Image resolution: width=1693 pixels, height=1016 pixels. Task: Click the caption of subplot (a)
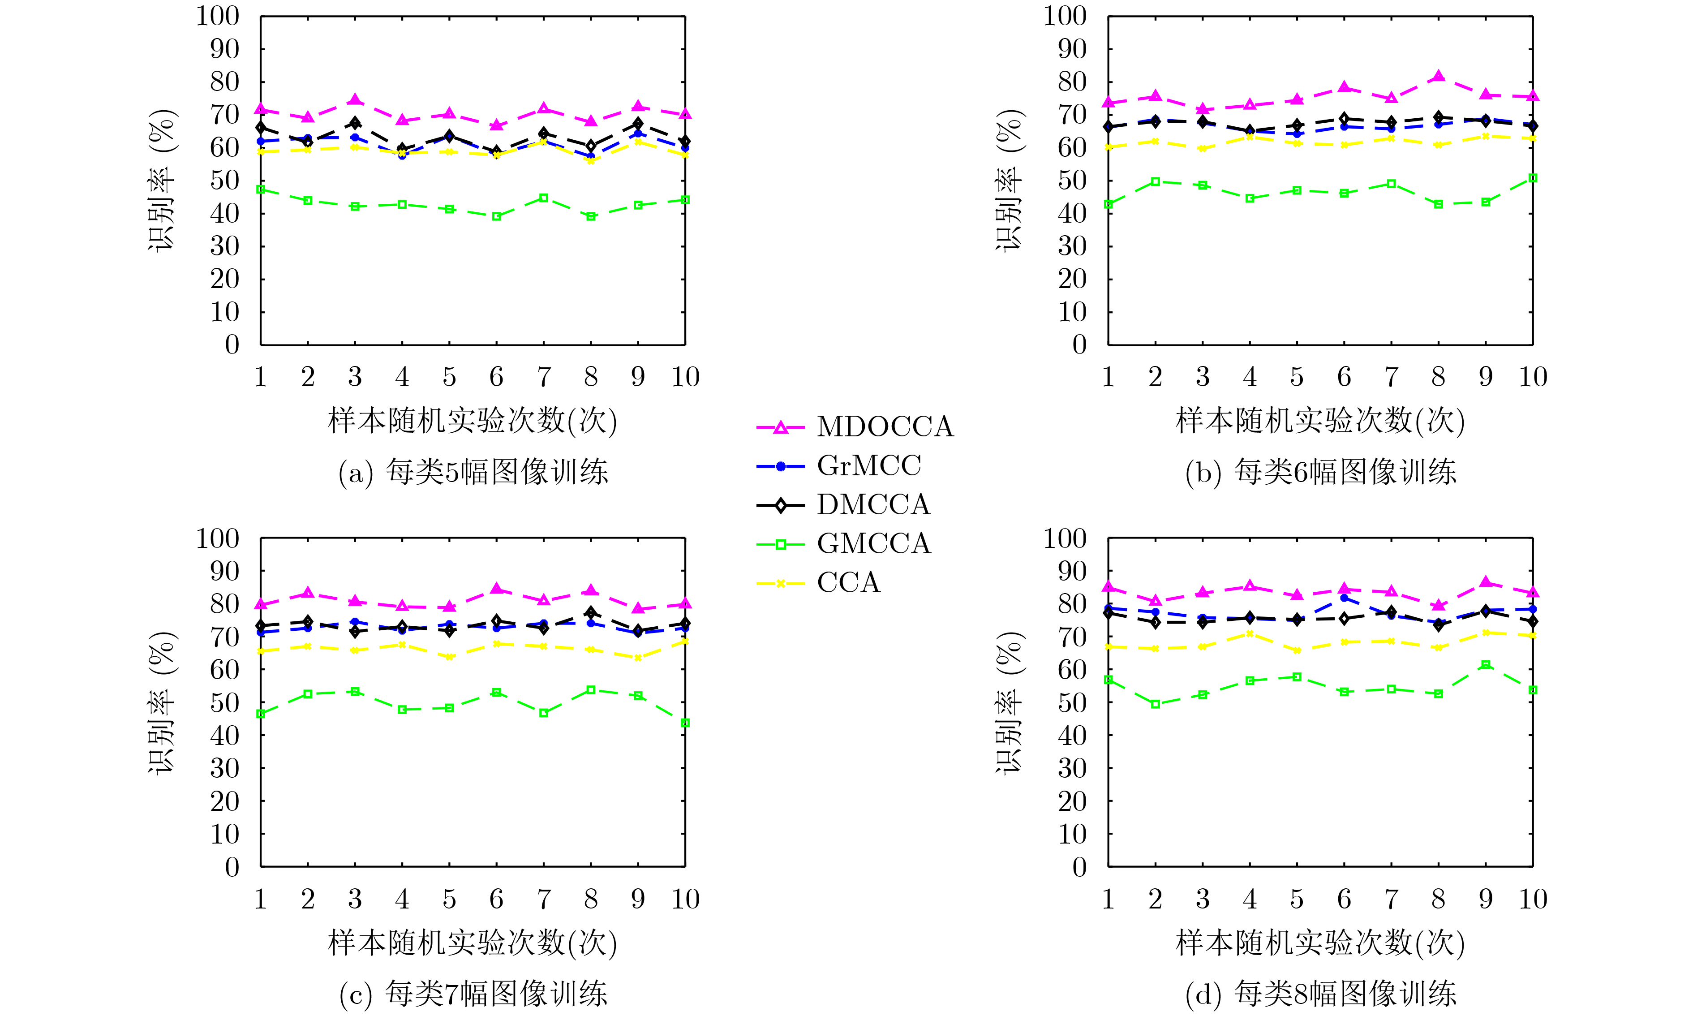point(473,473)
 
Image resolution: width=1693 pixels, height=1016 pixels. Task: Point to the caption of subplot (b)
point(1321,473)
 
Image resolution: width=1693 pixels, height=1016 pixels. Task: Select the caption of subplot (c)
point(473,994)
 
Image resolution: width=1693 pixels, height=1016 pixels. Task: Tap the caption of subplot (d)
point(1321,994)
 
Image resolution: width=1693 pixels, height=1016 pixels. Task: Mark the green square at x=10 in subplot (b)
point(1533,178)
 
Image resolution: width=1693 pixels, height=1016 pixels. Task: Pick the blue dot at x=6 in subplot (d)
point(1344,598)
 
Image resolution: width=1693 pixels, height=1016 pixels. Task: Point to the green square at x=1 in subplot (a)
point(261,189)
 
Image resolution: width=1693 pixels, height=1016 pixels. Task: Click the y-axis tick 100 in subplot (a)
point(218,17)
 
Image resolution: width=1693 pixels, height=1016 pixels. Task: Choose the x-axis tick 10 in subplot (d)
point(1533,900)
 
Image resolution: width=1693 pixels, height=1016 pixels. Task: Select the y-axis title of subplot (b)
point(1009,180)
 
